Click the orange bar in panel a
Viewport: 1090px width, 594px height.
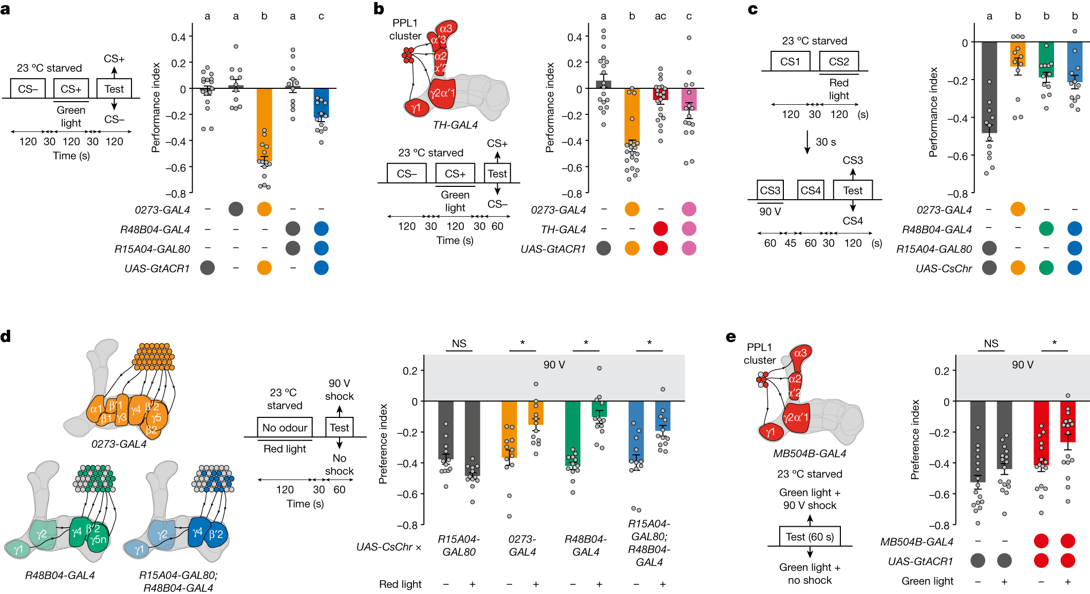tap(264, 123)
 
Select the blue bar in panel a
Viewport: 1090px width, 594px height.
tap(321, 103)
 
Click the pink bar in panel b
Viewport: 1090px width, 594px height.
tap(689, 99)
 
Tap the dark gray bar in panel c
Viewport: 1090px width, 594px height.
tap(989, 87)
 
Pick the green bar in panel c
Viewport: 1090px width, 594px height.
tap(1046, 59)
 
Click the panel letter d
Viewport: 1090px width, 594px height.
tap(6, 337)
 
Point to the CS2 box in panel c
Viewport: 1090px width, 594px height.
tap(838, 62)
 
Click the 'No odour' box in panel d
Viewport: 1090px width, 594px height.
tap(285, 427)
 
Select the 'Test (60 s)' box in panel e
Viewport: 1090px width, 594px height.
tap(810, 536)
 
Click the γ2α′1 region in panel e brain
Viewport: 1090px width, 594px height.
tap(796, 418)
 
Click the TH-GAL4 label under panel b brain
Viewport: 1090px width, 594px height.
tap(455, 125)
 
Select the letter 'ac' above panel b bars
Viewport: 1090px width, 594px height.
tap(661, 16)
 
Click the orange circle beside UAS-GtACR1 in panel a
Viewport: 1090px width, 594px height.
tap(264, 267)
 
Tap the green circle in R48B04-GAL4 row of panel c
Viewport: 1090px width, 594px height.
tap(1046, 228)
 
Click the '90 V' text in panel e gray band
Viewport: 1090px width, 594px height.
tap(1022, 365)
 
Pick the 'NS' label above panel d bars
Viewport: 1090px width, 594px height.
tap(459, 343)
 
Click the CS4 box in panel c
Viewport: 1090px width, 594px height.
tap(810, 190)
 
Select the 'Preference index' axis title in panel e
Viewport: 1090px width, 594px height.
tap(915, 439)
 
